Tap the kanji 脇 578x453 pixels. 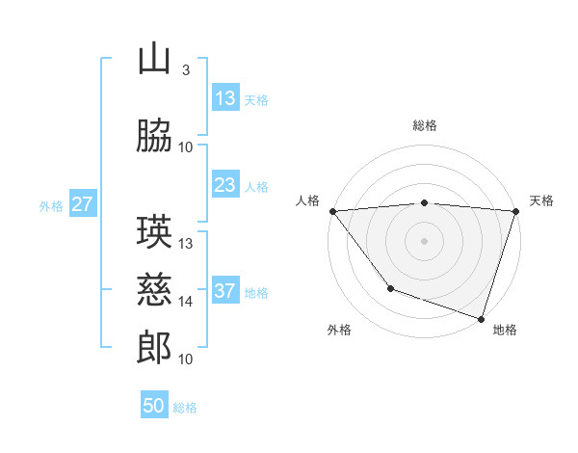pos(154,136)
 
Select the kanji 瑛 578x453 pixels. pos(154,233)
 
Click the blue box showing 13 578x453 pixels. pos(225,98)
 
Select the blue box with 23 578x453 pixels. pos(225,185)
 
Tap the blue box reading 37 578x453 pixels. pos(225,291)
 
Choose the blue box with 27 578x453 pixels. pos(82,204)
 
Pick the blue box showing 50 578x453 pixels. pos(154,406)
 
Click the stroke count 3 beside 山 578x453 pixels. pos(185,70)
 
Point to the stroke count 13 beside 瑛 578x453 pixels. pos(186,243)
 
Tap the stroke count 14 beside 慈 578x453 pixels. pos(186,301)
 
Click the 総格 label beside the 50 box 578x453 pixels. pos(185,408)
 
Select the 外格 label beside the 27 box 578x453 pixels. pos(51,205)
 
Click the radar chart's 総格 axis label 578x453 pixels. pos(424,125)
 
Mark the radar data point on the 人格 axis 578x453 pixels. pos(332,211)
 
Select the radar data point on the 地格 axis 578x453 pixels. pos(480,317)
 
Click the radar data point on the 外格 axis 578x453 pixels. pos(390,287)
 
